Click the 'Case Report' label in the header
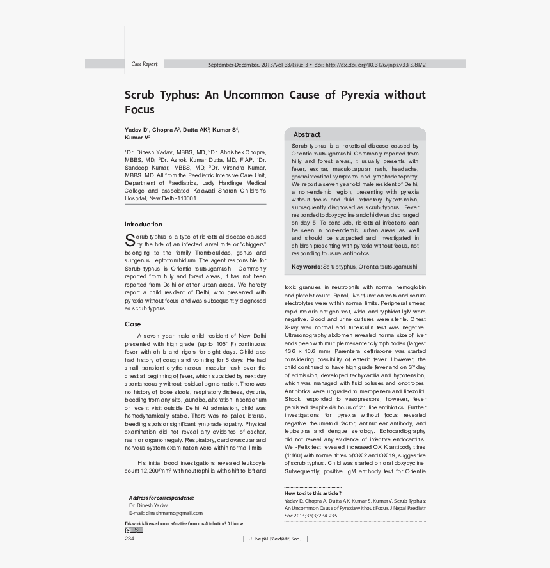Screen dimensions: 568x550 (144, 65)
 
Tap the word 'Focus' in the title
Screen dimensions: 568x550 (139, 109)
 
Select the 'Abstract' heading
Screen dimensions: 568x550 (307, 134)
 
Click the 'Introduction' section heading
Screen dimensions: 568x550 (143, 225)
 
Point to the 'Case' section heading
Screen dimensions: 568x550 (132, 324)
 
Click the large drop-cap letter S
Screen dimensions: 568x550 (130, 241)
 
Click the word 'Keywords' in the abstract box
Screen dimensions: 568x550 (306, 267)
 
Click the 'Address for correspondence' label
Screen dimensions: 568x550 (161, 498)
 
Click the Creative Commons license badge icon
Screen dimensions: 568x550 (134, 530)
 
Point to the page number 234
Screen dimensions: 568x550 (129, 539)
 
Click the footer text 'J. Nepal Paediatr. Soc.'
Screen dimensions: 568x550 (274, 539)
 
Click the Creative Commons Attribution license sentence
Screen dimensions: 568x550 (184, 523)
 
